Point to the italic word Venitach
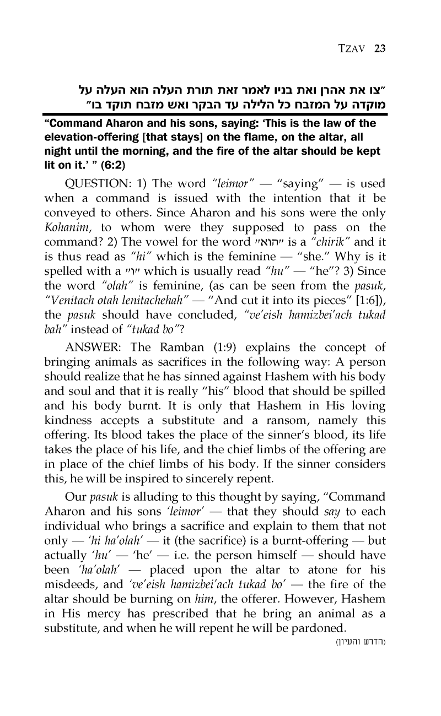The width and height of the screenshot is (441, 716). coord(68,289)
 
